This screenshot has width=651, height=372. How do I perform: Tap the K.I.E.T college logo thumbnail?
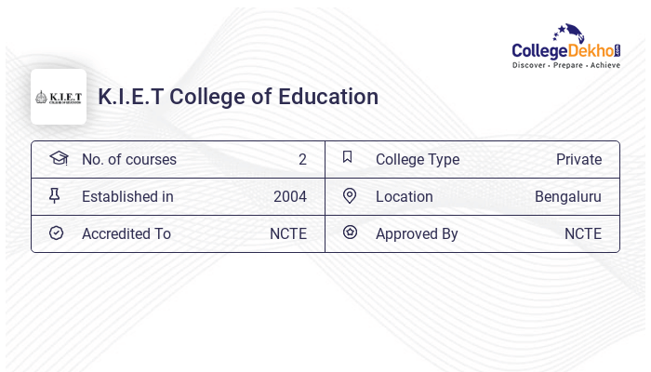click(x=59, y=97)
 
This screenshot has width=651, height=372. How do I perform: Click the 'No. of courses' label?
click(x=128, y=159)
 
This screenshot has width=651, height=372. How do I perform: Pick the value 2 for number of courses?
click(x=302, y=159)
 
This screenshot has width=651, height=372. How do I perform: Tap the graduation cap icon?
click(x=59, y=158)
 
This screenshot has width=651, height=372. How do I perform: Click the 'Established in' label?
click(x=127, y=196)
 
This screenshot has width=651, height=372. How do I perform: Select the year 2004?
click(x=289, y=196)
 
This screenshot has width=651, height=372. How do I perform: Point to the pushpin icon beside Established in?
click(x=54, y=195)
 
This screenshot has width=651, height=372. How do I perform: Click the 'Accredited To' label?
click(x=126, y=233)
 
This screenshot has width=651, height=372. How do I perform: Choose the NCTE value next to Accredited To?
click(x=287, y=233)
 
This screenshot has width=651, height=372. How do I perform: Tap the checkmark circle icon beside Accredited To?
click(x=56, y=232)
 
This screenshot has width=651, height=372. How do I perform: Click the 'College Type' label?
click(x=417, y=159)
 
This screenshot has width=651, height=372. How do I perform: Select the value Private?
click(x=578, y=159)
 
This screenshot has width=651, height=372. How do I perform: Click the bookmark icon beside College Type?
click(x=347, y=157)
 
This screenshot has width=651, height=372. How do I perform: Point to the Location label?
click(x=404, y=196)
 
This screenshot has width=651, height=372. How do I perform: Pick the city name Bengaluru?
click(x=567, y=196)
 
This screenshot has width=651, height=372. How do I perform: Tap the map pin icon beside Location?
click(x=350, y=195)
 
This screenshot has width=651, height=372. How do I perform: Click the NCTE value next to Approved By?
click(x=582, y=233)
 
